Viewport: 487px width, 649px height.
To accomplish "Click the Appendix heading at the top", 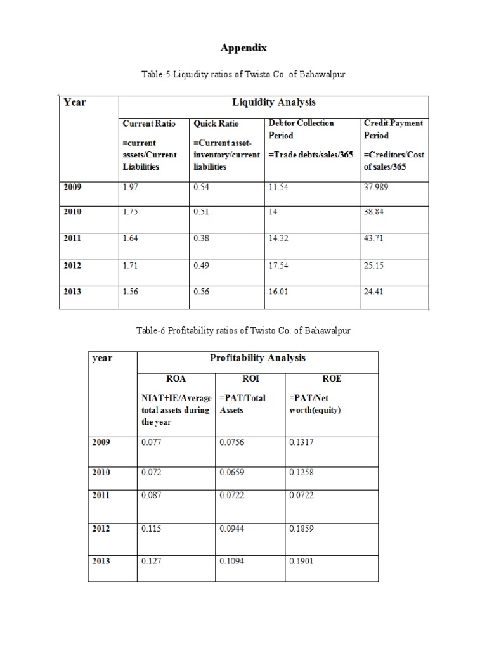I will pyautogui.click(x=243, y=48).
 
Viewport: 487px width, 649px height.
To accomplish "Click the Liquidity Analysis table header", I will pyautogui.click(x=273, y=102).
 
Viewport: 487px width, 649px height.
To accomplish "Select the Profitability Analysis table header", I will pyautogui.click(x=257, y=358).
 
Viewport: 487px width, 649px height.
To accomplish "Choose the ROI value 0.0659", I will pyautogui.click(x=231, y=472).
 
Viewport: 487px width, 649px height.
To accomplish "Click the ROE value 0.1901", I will pyautogui.click(x=301, y=560).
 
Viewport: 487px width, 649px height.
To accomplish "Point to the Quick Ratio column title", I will pyautogui.click(x=216, y=123).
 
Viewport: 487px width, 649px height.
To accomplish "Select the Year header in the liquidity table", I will pyautogui.click(x=75, y=101).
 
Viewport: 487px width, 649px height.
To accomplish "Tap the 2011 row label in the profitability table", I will pyautogui.click(x=101, y=496).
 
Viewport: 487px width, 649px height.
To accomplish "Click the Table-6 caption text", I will pyautogui.click(x=243, y=331).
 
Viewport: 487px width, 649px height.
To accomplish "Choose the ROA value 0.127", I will pyautogui.click(x=150, y=560).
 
